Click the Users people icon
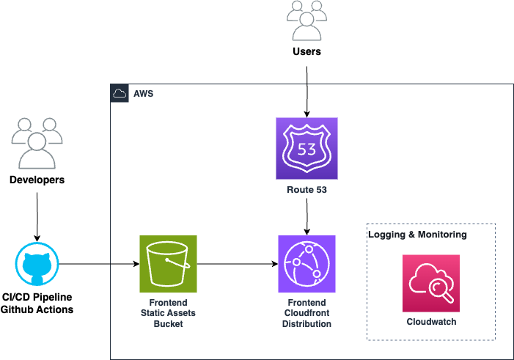pyautogui.click(x=306, y=21)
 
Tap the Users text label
pyautogui.click(x=306, y=52)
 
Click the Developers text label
pyautogui.click(x=37, y=180)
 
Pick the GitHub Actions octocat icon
pyautogui.click(x=36, y=264)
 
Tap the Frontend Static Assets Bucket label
pyautogui.click(x=168, y=312)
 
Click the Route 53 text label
pyautogui.click(x=306, y=190)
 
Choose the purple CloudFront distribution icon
pyautogui.click(x=306, y=264)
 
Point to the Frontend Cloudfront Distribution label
pyautogui.click(x=306, y=312)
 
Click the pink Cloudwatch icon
pyautogui.click(x=430, y=283)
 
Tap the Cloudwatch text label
pyautogui.click(x=430, y=322)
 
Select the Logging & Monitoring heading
pyautogui.click(x=417, y=235)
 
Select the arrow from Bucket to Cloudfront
pyautogui.click(x=237, y=264)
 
